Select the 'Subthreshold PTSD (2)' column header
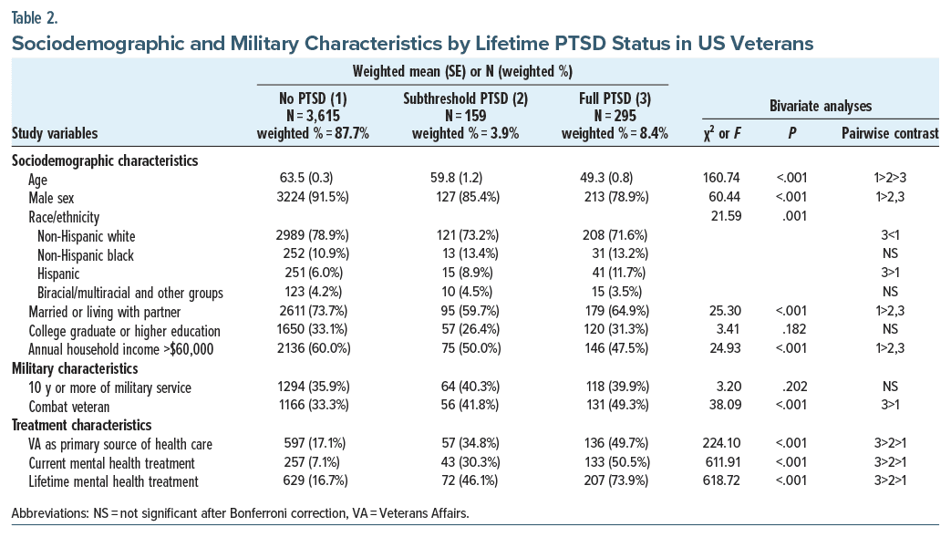(465, 98)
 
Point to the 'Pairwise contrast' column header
(890, 134)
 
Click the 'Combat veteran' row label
(68, 407)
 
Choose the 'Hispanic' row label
(58, 274)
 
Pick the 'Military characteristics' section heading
(74, 368)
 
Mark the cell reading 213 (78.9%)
(615, 198)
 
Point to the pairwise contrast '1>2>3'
(890, 179)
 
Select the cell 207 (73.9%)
(615, 482)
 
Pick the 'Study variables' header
(55, 134)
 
